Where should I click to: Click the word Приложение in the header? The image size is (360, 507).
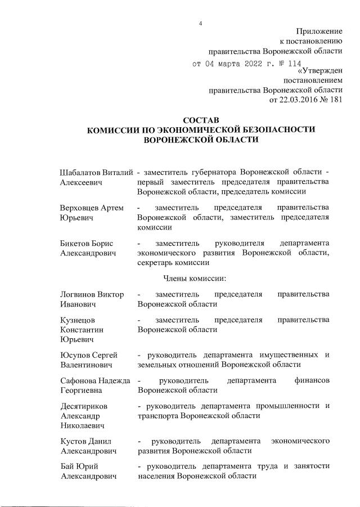coord(319,31)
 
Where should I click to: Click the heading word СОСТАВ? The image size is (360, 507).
coord(201,120)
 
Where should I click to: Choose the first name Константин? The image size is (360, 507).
coord(83,331)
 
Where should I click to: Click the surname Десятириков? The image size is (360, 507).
coord(83,406)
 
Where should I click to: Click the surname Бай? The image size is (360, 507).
coord(67,467)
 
